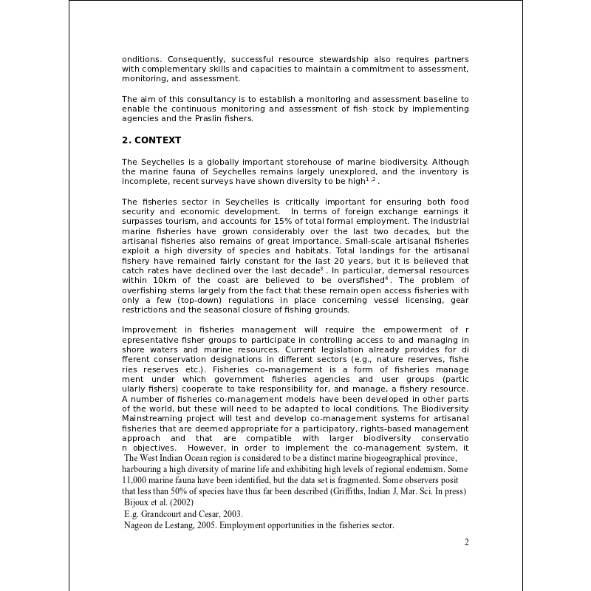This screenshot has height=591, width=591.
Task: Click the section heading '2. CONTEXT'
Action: tap(151, 140)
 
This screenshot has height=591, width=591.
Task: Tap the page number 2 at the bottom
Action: tap(466, 542)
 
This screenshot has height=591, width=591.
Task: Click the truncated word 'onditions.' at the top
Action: tap(142, 59)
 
